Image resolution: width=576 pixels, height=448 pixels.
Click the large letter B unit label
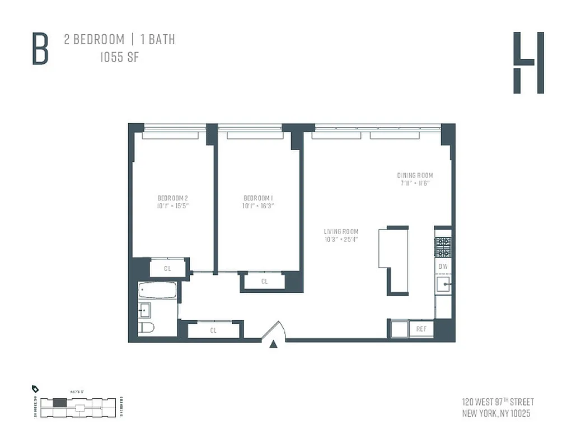coord(40,49)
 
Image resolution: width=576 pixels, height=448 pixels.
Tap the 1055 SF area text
coord(119,57)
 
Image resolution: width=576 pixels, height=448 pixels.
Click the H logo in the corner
coord(528,63)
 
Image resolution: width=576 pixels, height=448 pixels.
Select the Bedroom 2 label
coord(172,198)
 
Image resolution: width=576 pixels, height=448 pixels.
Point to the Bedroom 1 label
coord(258,198)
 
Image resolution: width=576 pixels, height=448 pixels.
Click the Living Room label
coord(341,231)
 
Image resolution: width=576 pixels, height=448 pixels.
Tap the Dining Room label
coord(415,175)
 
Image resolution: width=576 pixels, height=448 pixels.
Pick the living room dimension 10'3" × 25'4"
coord(341,239)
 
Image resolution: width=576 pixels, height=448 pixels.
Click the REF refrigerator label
coord(422,329)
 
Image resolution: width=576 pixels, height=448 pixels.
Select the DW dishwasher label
coord(443,267)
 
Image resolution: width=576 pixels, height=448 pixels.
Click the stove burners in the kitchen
coord(443,247)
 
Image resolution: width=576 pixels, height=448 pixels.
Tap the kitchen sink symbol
coord(443,284)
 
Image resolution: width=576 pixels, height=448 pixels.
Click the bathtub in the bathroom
coord(157,291)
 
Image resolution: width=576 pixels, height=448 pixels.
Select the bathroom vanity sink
coord(144,309)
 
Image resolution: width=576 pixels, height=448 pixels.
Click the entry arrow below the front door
coord(273,344)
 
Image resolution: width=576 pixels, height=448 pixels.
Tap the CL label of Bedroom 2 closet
coord(167,269)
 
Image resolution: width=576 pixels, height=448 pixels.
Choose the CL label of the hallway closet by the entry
coord(213,330)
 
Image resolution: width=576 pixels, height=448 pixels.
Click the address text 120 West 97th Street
coord(498,402)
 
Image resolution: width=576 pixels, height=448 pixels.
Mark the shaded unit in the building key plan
coord(59,402)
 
